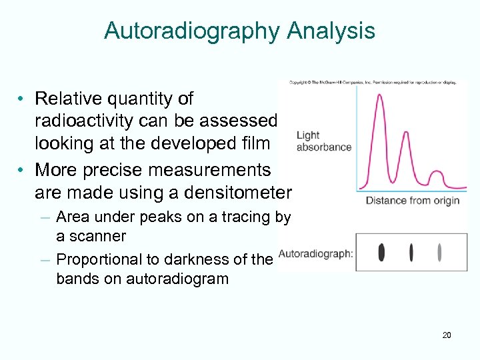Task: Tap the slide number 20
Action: pyautogui.click(x=446, y=335)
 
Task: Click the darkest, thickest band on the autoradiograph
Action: pyautogui.click(x=381, y=252)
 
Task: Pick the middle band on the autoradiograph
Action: pyautogui.click(x=411, y=252)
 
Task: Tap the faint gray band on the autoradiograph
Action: pyautogui.click(x=439, y=252)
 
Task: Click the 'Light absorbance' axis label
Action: pyautogui.click(x=323, y=141)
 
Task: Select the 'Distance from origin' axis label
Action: pyautogui.click(x=412, y=201)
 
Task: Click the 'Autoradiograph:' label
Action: pyautogui.click(x=315, y=253)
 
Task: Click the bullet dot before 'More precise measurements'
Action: pyautogui.click(x=22, y=171)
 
